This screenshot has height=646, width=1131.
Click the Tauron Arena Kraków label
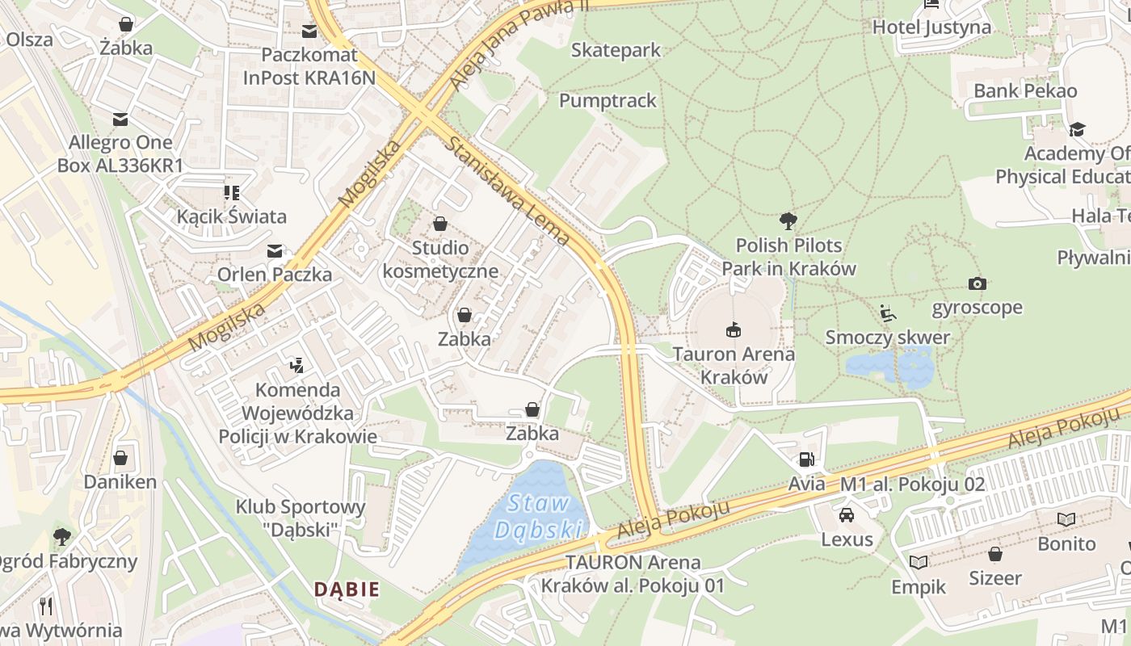734,365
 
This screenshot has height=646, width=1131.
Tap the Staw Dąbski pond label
540,517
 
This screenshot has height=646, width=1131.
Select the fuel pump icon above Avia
806,460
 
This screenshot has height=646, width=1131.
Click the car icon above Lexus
847,515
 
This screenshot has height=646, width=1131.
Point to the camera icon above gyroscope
978,283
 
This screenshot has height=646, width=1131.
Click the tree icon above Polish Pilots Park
788,220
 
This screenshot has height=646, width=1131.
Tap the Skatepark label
616,50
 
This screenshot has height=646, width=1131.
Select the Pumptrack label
608,101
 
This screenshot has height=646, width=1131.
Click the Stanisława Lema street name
508,191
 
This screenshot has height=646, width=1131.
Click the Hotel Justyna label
931,27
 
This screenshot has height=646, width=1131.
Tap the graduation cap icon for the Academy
1077,129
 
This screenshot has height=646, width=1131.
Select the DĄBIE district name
347,589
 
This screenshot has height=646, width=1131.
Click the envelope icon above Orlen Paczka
275,251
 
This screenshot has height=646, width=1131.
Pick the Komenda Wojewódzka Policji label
297,413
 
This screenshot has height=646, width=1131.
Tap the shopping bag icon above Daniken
120,459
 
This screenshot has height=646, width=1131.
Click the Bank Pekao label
1025,90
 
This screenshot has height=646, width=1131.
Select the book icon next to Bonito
1066,519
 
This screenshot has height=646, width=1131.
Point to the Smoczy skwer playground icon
888,313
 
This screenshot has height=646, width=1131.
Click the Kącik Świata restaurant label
232,216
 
